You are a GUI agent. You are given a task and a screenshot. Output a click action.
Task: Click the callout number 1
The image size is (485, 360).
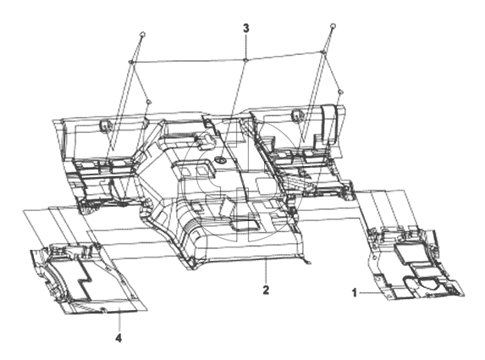tap(355, 292)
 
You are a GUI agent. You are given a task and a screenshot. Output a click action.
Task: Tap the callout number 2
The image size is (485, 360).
tap(266, 290)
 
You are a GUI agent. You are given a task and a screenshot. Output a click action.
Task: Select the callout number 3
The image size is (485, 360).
tap(246, 29)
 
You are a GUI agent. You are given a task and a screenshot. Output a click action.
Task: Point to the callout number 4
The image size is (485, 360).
tap(118, 338)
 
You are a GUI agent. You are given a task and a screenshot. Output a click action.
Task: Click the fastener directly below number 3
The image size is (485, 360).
tap(245, 60)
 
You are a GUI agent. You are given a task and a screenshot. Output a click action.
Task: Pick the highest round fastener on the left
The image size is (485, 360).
tap(142, 35)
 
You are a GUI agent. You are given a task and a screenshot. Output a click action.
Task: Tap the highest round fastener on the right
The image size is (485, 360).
tap(333, 25)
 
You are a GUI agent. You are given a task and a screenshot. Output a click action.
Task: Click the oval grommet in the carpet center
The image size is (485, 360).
tap(220, 160)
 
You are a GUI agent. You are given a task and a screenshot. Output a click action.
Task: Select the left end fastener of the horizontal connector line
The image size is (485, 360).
tap(130, 62)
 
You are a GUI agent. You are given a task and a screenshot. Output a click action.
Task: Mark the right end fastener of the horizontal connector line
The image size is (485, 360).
tap(323, 53)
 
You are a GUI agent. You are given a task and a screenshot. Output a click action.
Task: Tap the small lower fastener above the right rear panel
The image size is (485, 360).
tap(340, 92)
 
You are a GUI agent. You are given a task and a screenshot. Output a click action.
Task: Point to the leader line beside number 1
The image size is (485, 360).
tap(371, 292)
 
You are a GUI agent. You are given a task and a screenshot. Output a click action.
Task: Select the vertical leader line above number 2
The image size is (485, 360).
tap(266, 272)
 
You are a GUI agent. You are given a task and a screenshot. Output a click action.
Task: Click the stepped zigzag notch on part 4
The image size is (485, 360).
tap(83, 278)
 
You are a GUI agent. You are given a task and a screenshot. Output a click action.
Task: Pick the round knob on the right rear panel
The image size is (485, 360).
tap(296, 116)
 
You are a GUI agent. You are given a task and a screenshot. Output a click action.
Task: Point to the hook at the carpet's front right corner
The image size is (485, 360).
tap(308, 263)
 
